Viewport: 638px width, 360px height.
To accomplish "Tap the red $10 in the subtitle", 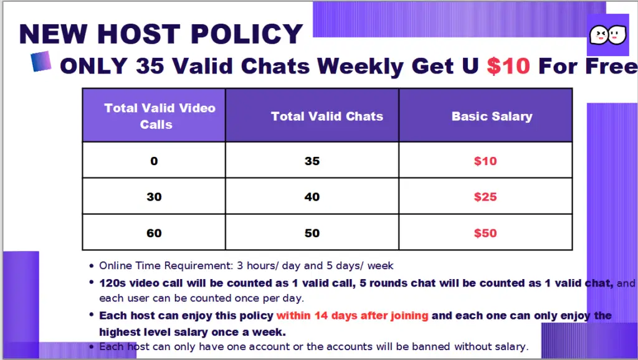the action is (x=508, y=66).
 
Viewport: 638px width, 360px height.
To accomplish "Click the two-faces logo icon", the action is (x=608, y=35).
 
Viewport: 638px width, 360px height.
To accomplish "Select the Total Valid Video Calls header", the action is (x=159, y=116).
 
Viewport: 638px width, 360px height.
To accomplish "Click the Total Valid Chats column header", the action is (x=327, y=116).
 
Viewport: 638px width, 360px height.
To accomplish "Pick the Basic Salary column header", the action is (x=492, y=116).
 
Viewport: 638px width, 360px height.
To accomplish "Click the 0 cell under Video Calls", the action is (x=154, y=161).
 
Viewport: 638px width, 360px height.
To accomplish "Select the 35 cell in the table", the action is (x=312, y=161).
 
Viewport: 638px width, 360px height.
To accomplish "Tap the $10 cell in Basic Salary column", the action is (x=485, y=161).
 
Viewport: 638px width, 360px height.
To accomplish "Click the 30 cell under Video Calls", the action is (x=155, y=197).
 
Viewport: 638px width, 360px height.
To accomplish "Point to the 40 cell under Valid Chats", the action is (x=312, y=197).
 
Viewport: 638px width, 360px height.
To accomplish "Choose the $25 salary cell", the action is (x=485, y=197).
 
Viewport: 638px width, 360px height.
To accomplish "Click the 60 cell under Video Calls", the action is (x=155, y=233).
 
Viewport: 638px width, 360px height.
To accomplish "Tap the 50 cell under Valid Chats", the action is (x=312, y=233).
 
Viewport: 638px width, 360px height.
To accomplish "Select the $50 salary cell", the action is (x=485, y=233).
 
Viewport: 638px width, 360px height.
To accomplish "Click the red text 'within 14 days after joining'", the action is (x=353, y=316).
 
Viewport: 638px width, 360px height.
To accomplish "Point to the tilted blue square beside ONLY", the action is (x=41, y=61).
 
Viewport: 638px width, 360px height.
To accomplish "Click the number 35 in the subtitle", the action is (x=150, y=66).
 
